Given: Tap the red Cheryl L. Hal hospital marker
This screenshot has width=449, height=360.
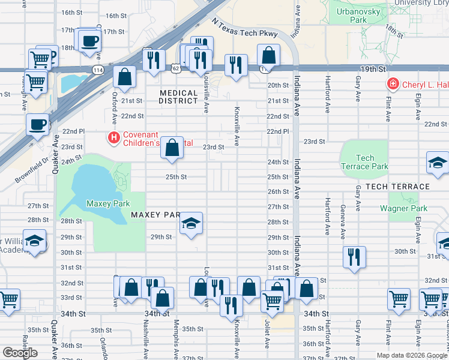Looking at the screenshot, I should [393, 85].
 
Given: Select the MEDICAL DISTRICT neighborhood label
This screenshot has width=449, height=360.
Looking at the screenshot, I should [179, 97].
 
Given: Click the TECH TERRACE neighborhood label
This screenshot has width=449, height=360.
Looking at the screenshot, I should [397, 187].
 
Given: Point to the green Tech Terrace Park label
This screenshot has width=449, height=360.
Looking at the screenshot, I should [364, 162].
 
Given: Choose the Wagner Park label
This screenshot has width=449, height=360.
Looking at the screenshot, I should [403, 209].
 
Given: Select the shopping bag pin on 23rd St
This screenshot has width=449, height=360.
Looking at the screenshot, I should [172, 148].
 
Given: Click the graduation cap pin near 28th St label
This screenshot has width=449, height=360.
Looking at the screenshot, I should [191, 224].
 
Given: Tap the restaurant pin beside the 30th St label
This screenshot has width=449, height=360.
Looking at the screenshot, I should [354, 257].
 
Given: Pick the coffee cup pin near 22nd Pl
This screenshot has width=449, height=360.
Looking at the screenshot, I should [38, 125].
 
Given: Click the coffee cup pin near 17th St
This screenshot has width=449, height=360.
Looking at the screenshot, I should [89, 41].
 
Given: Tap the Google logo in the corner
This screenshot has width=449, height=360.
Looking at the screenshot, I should [19, 352].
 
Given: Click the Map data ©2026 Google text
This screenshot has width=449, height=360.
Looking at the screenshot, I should [411, 355].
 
